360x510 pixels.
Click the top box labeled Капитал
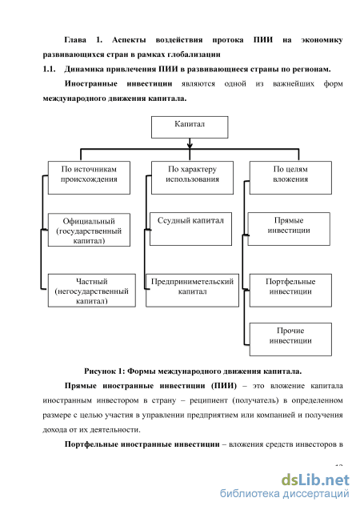pyautogui.click(x=190, y=127)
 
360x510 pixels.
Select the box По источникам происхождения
pyautogui.click(x=89, y=178)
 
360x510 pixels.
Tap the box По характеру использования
pyautogui.click(x=192, y=178)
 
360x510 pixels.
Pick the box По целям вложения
pyautogui.click(x=290, y=178)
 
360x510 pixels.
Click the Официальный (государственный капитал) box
pyautogui.click(x=89, y=230)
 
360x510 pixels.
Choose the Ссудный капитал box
pyautogui.click(x=190, y=229)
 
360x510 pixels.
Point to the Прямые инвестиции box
pyautogui.click(x=289, y=229)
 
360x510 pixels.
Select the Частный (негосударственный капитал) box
pyautogui.click(x=92, y=291)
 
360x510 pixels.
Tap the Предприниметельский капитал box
pyautogui.click(x=192, y=291)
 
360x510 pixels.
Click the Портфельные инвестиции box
pyautogui.click(x=290, y=291)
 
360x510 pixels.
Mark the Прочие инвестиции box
pyautogui.click(x=290, y=339)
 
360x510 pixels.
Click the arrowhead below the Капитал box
pyautogui.click(x=190, y=145)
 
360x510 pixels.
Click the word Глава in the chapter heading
pyautogui.click(x=75, y=40)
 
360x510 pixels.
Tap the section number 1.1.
pyautogui.click(x=49, y=69)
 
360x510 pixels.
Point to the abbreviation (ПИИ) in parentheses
pyautogui.click(x=224, y=386)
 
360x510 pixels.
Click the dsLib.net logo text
pyautogui.click(x=315, y=480)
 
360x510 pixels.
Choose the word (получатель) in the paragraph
pyautogui.click(x=256, y=400)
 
